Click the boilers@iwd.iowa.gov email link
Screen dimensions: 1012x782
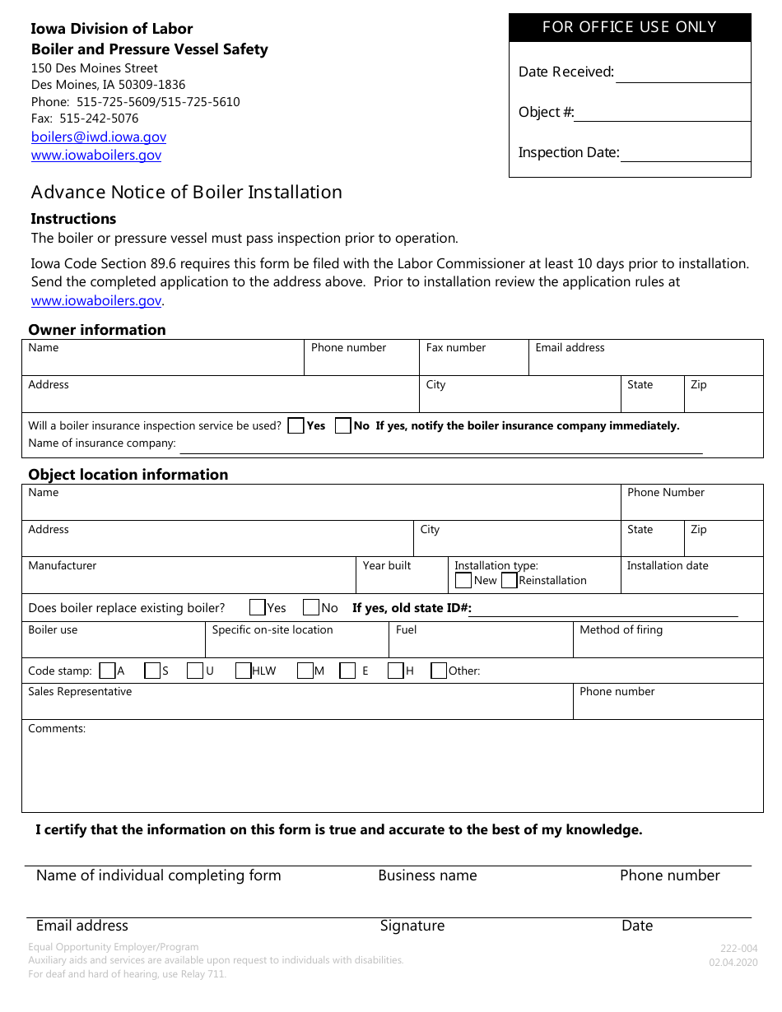[98, 137]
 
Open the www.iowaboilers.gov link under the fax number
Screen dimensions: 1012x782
[96, 156]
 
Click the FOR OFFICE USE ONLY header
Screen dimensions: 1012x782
[630, 27]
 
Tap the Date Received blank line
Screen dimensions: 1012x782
[682, 74]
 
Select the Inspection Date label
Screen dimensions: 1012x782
[568, 152]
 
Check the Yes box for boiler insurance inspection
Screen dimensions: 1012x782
[296, 425]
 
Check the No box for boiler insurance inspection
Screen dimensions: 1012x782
[343, 425]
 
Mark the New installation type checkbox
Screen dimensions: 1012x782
[463, 580]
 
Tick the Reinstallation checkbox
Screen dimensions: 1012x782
[509, 580]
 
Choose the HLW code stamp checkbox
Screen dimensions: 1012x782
[244, 671]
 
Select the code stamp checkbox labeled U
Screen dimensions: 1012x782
[195, 671]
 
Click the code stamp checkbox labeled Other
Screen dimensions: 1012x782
[439, 671]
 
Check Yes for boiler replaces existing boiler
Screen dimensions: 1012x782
[257, 608]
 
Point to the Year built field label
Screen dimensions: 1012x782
[387, 566]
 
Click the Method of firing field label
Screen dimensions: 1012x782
[621, 630]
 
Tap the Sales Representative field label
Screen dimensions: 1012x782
[80, 692]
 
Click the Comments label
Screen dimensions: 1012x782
[57, 729]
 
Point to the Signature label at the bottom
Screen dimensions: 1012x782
[412, 926]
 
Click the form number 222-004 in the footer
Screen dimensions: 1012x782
[738, 949]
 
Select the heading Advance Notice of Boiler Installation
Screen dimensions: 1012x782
[187, 193]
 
